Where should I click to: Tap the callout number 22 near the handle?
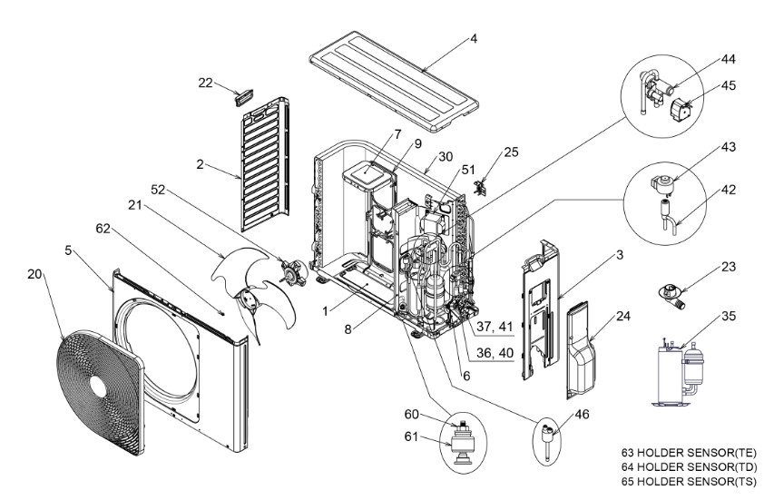tap(206, 83)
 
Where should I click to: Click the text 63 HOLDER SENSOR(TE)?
tap(688, 452)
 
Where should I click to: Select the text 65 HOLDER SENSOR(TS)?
tap(688, 481)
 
